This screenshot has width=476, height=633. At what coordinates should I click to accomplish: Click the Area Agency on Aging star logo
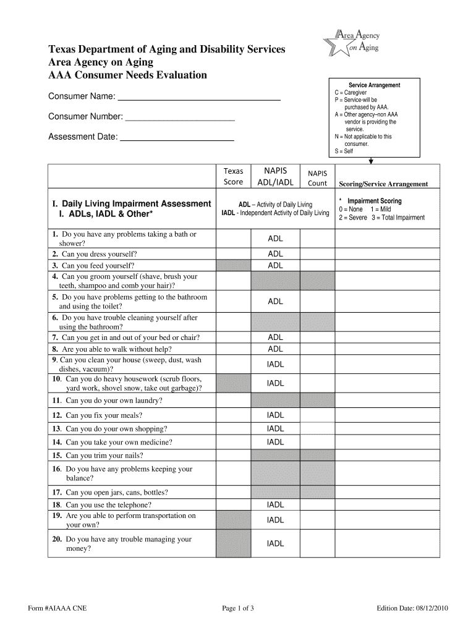pyautogui.click(x=350, y=43)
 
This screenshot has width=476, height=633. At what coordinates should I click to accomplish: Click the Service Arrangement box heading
pyautogui.click(x=374, y=85)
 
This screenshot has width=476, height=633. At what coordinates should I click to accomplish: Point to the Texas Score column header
pyautogui.click(x=233, y=176)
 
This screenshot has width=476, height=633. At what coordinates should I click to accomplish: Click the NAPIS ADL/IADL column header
pyautogui.click(x=275, y=176)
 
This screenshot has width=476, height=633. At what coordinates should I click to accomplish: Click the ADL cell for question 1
pyautogui.click(x=275, y=239)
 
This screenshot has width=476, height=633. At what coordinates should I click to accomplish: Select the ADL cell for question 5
pyautogui.click(x=275, y=302)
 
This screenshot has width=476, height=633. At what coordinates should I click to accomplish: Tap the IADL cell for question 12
pyautogui.click(x=275, y=415)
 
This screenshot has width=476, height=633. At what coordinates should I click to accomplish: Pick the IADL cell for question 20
pyautogui.click(x=275, y=544)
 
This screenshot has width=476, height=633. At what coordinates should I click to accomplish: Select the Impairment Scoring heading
pyautogui.click(x=374, y=201)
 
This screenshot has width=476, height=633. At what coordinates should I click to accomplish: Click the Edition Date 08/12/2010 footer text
pyautogui.click(x=412, y=608)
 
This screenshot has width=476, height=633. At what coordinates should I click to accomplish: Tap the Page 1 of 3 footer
pyautogui.click(x=238, y=608)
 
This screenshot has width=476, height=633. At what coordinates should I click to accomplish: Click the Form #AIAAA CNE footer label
pyautogui.click(x=57, y=608)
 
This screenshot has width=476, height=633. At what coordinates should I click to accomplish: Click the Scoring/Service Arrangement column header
pyautogui.click(x=383, y=184)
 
